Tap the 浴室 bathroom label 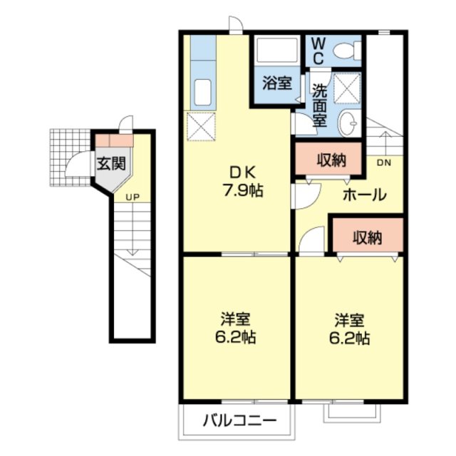point(276,83)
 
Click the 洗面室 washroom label point(319,104)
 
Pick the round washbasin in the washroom point(349,123)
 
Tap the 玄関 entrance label point(111,162)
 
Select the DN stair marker point(383,163)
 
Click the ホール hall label point(364,194)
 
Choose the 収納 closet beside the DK point(331,160)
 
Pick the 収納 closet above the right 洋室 point(366,237)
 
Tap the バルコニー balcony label point(239,420)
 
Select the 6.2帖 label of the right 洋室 point(349,337)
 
